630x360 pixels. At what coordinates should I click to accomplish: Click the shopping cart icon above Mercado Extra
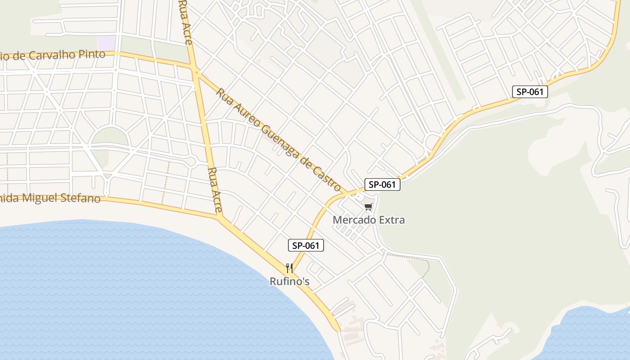[369, 207]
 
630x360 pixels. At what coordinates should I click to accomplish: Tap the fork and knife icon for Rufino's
[289, 268]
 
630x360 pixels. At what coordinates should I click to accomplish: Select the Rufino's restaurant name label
[289, 282]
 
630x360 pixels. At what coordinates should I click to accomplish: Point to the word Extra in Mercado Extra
[391, 220]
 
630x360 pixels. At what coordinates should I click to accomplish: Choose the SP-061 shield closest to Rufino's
[306, 245]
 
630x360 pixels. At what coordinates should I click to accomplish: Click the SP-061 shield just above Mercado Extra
[382, 184]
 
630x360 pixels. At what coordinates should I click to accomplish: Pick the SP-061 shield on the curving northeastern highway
[530, 92]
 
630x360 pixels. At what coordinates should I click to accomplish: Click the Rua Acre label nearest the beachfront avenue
[216, 189]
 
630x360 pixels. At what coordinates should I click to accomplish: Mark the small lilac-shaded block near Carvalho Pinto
[107, 43]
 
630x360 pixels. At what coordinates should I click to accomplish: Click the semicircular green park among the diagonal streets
[110, 136]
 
